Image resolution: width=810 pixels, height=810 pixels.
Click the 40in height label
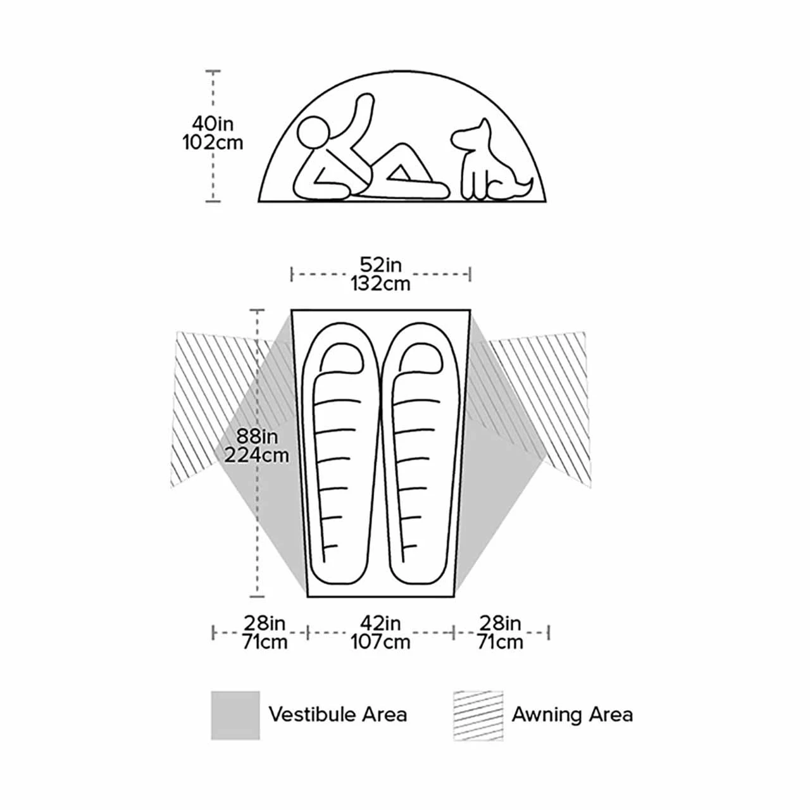(x=213, y=123)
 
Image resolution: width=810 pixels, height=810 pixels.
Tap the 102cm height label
(x=213, y=142)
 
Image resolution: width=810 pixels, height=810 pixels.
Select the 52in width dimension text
(x=381, y=265)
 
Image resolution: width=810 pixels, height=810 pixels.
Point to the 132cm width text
(x=381, y=283)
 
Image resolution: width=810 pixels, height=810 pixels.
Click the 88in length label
(x=257, y=436)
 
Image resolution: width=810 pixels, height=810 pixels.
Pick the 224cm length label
(x=256, y=455)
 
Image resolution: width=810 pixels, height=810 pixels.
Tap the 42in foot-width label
(x=380, y=623)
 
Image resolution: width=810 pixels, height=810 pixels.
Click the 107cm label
(x=380, y=642)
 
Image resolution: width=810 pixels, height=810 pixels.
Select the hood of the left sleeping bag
(x=340, y=358)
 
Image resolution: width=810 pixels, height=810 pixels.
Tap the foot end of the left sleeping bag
(x=335, y=571)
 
